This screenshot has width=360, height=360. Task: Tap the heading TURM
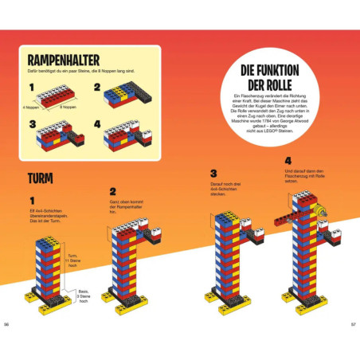[x=40, y=177]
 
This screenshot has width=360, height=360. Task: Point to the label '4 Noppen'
[x=33, y=105]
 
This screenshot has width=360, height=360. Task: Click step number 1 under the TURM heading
[x=32, y=200]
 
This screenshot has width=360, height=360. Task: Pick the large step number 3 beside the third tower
[x=213, y=173]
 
